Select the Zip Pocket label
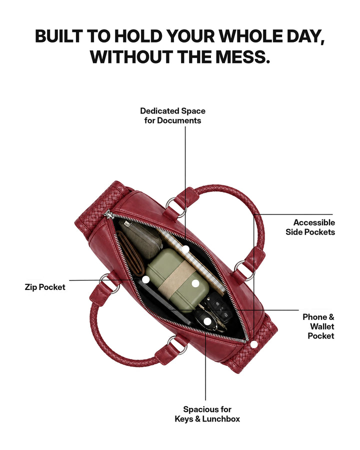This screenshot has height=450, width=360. (45, 287)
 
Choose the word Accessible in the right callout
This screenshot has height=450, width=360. (314, 222)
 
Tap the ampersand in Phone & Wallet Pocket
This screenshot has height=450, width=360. (331, 317)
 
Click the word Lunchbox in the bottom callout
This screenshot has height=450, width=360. (221, 419)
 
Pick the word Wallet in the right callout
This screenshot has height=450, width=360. (322, 326)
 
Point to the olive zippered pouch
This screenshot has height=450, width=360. (141, 239)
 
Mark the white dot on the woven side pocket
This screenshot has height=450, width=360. (254, 344)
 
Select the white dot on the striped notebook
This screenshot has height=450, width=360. (185, 249)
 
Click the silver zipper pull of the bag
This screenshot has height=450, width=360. (108, 214)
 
